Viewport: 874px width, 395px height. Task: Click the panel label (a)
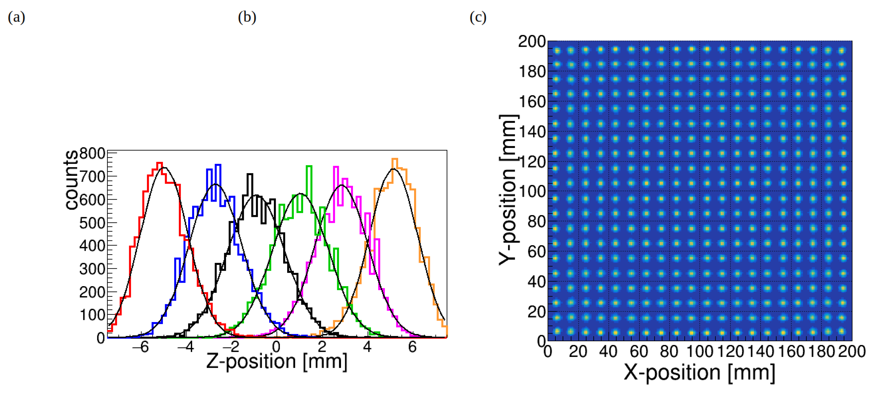click(16, 17)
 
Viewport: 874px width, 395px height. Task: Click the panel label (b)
click(247, 17)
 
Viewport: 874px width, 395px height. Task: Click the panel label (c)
click(478, 17)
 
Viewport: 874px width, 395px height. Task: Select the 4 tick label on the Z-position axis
click(367, 347)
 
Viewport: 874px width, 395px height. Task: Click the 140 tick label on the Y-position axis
click(532, 132)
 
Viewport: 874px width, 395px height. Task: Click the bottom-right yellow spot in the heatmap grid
click(842, 331)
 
